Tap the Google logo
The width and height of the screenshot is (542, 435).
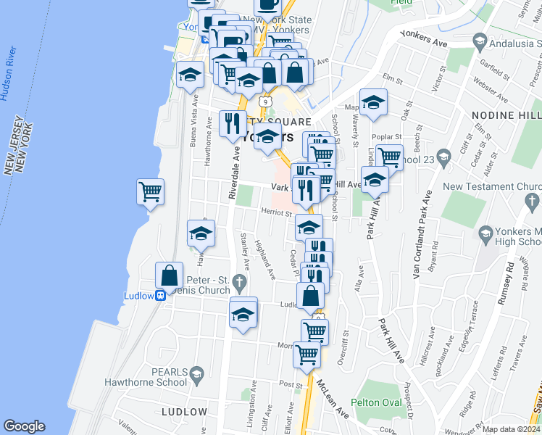24,427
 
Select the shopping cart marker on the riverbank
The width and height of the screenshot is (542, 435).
150,192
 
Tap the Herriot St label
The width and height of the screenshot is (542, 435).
276,214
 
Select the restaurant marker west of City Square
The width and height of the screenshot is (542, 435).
231,123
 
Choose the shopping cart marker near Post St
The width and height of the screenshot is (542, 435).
307,354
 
